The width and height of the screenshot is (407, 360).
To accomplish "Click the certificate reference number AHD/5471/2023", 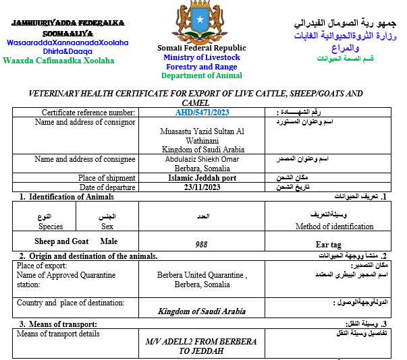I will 202,113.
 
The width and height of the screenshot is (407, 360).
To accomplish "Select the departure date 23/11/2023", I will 202,187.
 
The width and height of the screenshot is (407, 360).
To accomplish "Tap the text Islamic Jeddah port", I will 202,178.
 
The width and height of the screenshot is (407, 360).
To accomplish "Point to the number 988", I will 201,244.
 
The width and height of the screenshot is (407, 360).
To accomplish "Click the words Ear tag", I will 329,244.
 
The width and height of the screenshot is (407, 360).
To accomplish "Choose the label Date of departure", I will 107,187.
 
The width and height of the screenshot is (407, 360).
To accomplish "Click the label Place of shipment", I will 107,178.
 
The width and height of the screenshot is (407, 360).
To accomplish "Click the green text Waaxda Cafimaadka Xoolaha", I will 59,61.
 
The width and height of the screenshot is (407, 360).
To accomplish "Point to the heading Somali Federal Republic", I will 202,48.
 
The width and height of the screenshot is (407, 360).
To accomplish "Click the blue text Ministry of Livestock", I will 202,57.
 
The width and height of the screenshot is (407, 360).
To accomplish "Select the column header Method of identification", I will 334,227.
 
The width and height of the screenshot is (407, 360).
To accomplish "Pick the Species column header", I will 51,227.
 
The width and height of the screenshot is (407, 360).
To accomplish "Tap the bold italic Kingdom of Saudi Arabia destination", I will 202,311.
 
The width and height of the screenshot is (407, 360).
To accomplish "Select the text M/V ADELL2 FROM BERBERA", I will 201,342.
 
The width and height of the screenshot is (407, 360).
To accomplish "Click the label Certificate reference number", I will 89,113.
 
